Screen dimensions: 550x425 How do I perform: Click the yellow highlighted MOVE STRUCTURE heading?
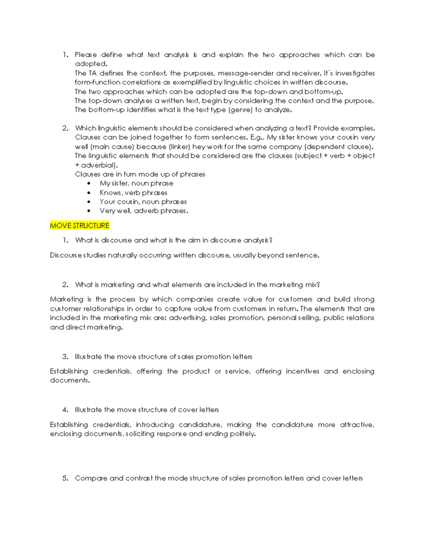point(80,226)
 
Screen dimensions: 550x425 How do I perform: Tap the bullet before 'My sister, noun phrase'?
point(89,183)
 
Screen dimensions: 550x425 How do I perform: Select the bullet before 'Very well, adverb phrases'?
point(89,211)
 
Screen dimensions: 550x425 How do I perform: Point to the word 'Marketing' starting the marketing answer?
point(67,299)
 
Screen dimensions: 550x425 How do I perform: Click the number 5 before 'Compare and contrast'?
point(65,478)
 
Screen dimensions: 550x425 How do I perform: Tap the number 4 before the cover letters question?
point(65,410)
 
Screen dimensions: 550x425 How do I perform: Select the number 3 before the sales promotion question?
point(65,357)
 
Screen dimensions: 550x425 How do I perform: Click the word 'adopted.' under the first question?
point(91,64)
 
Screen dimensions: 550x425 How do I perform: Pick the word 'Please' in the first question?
point(86,55)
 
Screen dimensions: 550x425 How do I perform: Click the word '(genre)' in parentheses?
point(240,110)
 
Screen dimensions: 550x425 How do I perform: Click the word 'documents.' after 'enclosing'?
point(70,380)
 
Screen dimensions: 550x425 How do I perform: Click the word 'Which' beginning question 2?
point(85,128)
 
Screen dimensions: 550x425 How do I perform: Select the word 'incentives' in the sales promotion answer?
point(302,371)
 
